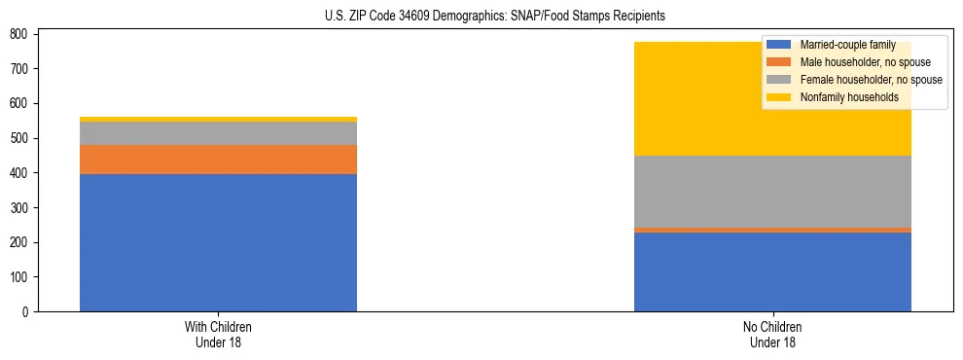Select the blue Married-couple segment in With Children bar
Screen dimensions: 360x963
[x=218, y=242]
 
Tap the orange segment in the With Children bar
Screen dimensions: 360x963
[x=218, y=160]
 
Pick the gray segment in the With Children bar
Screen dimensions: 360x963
[x=218, y=133]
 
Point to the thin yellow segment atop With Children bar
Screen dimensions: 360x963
[x=218, y=119]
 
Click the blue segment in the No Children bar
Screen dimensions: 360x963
[x=772, y=271]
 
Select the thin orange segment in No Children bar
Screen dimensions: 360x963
[x=772, y=230]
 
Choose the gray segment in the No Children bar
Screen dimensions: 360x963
[x=772, y=192]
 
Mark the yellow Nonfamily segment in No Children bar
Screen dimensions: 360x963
[x=681, y=98]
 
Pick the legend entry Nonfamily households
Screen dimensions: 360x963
[x=848, y=97]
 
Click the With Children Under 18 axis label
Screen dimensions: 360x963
[x=218, y=334]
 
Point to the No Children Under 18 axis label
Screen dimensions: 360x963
[x=772, y=334]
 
